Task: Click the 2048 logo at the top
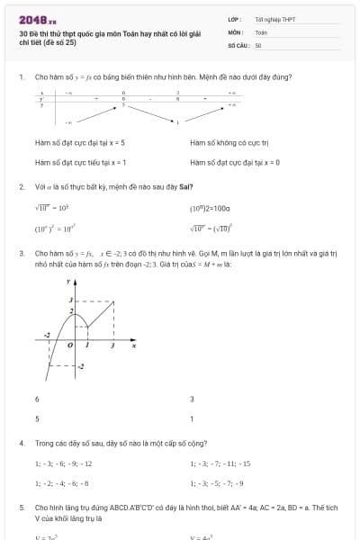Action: [37, 19]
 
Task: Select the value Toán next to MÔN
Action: [261, 31]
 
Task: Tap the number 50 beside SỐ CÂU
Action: [258, 44]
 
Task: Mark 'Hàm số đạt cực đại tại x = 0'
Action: [235, 162]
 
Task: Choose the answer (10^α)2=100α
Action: [211, 208]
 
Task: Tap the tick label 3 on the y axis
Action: [70, 300]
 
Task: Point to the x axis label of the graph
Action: [134, 345]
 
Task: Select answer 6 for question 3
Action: [37, 399]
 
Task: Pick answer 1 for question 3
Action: [192, 418]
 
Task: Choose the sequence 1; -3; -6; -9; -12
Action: [63, 463]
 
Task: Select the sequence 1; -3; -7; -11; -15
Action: [220, 463]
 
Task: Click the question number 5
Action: [21, 508]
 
